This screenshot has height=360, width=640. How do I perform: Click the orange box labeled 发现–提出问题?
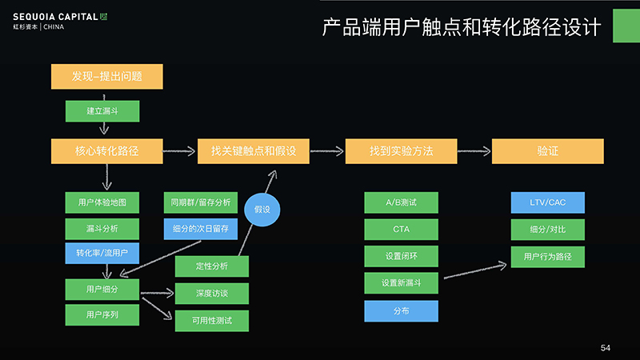pyautogui.click(x=107, y=76)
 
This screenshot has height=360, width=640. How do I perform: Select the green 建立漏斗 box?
pyautogui.click(x=102, y=111)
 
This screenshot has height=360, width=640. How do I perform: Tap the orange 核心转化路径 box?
pyautogui.click(x=107, y=151)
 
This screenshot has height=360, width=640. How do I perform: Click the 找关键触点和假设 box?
pyautogui.click(x=254, y=151)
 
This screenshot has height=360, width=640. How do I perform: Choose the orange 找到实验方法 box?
pyautogui.click(x=402, y=151)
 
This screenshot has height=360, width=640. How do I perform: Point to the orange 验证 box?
pyautogui.click(x=548, y=151)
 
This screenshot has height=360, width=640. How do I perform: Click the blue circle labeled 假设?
pyautogui.click(x=262, y=210)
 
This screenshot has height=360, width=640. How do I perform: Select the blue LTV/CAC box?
pyautogui.click(x=548, y=202)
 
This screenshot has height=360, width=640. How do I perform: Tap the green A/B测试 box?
pyautogui.click(x=402, y=202)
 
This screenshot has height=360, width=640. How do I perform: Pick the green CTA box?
pyautogui.click(x=402, y=230)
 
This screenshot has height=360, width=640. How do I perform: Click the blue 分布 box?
pyautogui.click(x=402, y=311)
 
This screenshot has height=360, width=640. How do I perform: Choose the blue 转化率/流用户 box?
pyautogui.click(x=102, y=253)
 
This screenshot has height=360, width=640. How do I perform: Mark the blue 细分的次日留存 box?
pyautogui.click(x=201, y=229)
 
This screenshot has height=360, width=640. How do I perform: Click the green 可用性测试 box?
pyautogui.click(x=212, y=321)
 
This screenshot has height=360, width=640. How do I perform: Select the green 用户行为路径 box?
pyautogui.click(x=548, y=257)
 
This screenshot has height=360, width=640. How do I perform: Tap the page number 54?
pyautogui.click(x=606, y=348)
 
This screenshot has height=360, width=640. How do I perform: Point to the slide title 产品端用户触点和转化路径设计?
pyautogui.click(x=462, y=27)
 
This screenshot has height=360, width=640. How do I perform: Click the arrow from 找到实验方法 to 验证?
pyautogui.click(x=474, y=151)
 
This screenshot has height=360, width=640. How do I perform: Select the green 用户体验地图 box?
pyautogui.click(x=102, y=202)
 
